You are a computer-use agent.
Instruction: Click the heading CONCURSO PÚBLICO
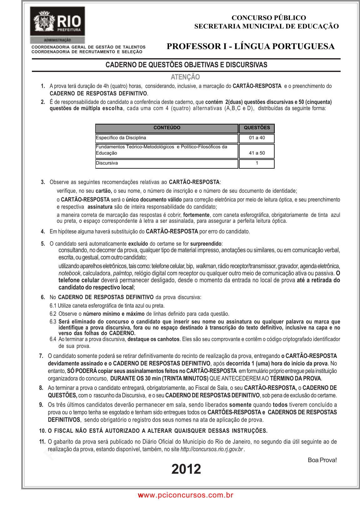click(269, 18)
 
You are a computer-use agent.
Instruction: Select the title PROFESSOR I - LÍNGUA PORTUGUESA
click(251, 46)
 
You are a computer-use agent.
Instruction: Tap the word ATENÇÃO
click(185, 77)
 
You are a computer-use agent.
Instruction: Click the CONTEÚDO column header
click(167, 128)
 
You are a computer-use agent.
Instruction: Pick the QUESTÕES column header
click(257, 128)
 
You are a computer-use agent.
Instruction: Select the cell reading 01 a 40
click(257, 138)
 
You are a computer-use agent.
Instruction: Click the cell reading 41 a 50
click(257, 153)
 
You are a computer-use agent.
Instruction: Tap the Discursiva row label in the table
click(107, 163)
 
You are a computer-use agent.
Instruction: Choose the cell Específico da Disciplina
click(121, 138)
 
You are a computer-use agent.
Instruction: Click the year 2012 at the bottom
click(186, 469)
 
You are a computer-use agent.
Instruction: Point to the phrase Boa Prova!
click(322, 460)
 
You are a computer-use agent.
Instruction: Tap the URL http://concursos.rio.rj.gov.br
click(212, 449)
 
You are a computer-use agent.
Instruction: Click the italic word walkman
click(206, 266)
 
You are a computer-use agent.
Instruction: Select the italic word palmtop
click(122, 273)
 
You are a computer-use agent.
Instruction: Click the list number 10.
click(43, 431)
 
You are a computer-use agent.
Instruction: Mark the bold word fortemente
click(196, 215)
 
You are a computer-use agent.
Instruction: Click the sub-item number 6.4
click(53, 339)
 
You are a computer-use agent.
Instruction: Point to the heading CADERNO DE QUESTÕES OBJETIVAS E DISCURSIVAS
click(186, 65)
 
